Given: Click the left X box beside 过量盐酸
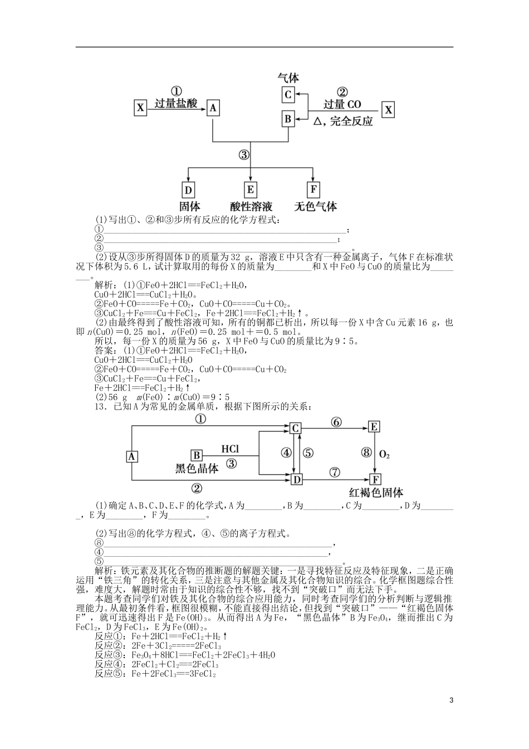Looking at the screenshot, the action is click(x=140, y=108).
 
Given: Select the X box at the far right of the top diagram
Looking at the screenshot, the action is click(x=388, y=110).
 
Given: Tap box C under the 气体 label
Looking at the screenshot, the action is click(x=288, y=94).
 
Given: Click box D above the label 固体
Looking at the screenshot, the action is click(x=188, y=190).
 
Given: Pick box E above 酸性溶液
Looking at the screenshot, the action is click(x=251, y=190).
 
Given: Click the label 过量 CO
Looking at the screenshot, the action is click(x=342, y=104).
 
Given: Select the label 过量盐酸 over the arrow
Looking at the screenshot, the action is click(x=175, y=104).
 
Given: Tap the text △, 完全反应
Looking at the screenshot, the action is click(x=343, y=121).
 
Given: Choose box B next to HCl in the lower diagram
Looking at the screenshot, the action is click(x=197, y=456).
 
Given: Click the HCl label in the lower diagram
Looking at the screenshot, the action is click(x=230, y=449).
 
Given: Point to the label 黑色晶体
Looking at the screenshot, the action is click(x=197, y=469).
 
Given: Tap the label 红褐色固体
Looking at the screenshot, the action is click(x=376, y=493).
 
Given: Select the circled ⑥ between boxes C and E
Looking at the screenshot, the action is click(x=335, y=422).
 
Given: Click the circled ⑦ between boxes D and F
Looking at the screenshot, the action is click(x=334, y=472).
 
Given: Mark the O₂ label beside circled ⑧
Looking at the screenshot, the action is click(x=384, y=455).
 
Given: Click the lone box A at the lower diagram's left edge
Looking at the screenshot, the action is click(x=132, y=456).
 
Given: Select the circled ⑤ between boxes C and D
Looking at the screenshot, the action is click(x=308, y=453).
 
